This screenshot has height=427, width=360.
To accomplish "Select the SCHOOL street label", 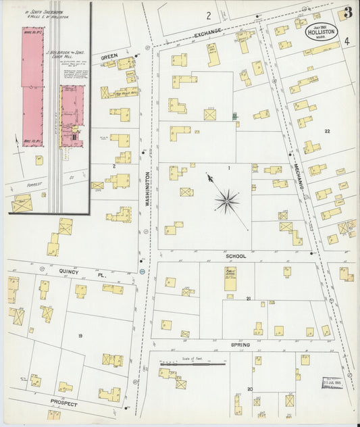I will [x=236, y=257].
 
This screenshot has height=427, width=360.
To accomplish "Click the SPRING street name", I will [x=240, y=345].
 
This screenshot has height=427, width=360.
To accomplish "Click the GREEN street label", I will [x=109, y=58].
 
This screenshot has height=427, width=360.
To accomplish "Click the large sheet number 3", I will [x=347, y=12].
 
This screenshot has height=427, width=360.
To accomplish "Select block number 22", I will [x=327, y=131].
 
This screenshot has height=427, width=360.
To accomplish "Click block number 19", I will [x=80, y=336].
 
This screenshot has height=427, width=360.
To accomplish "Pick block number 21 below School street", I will [x=249, y=298].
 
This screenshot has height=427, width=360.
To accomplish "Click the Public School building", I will [x=230, y=279].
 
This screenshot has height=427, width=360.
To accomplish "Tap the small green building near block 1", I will [x=235, y=116].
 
